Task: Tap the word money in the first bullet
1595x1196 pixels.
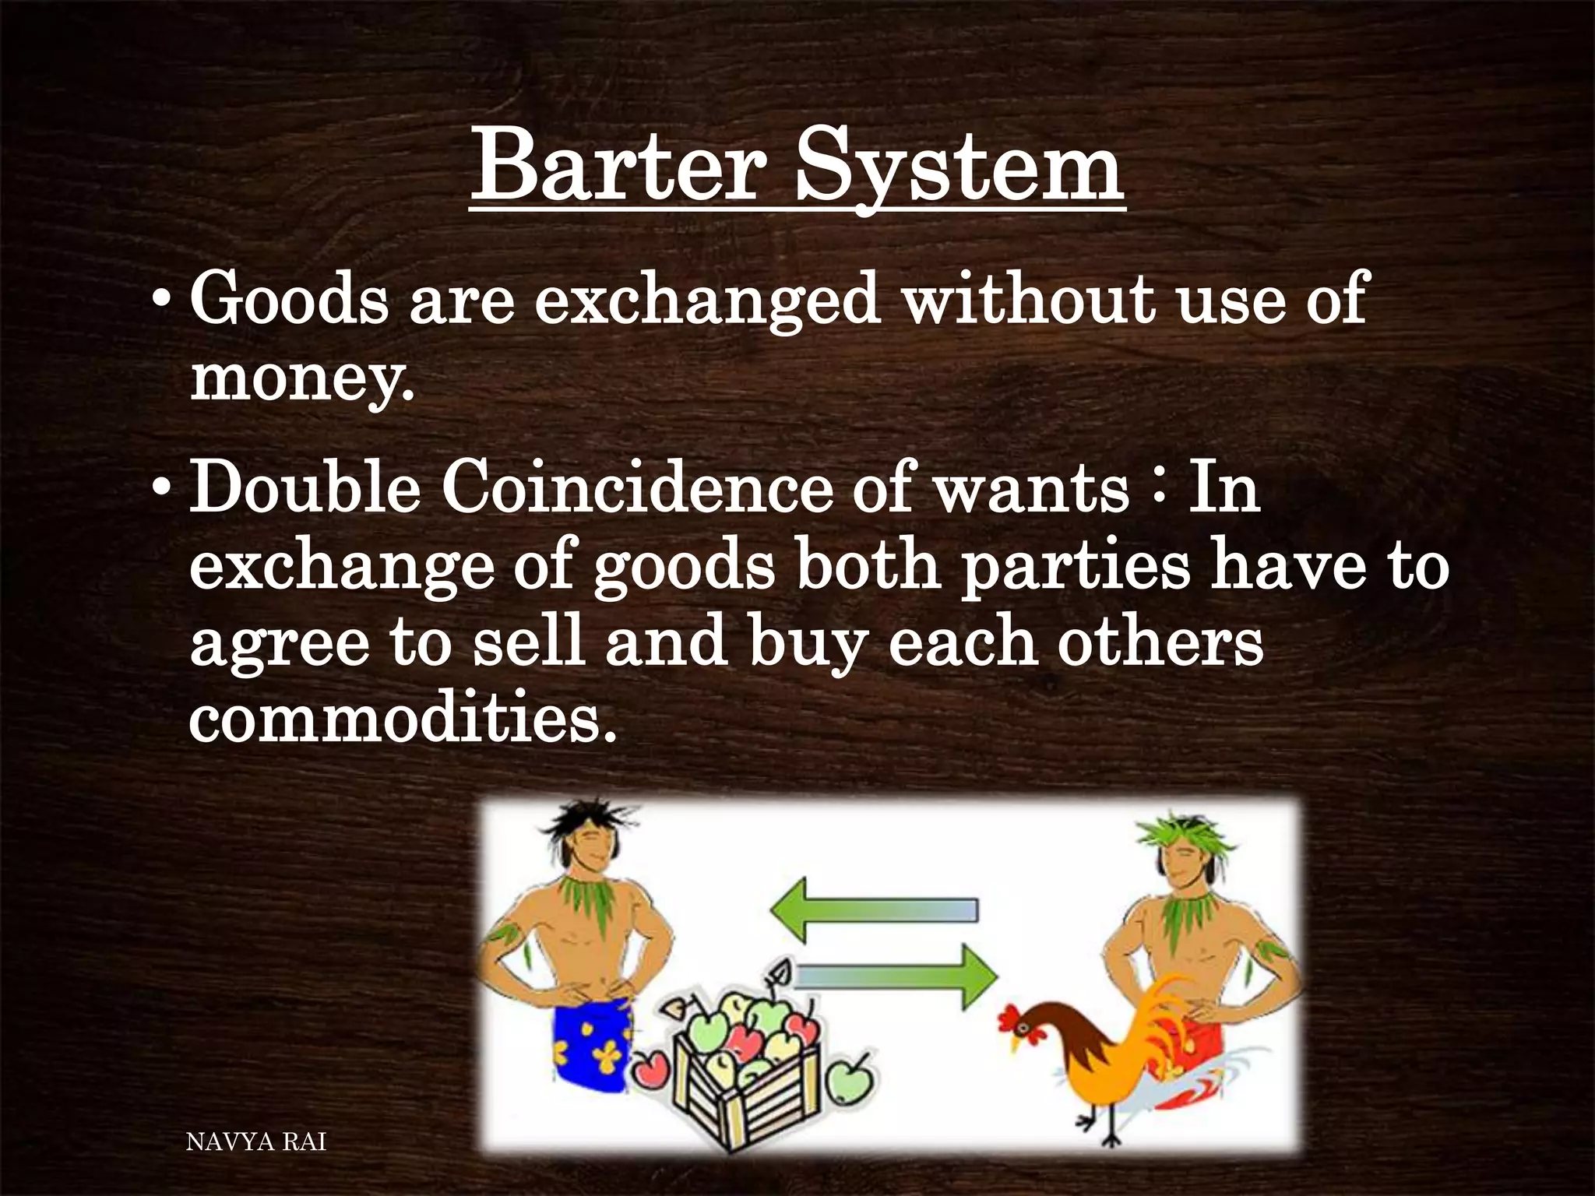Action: click(x=300, y=379)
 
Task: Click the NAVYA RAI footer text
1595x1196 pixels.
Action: click(x=257, y=1142)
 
